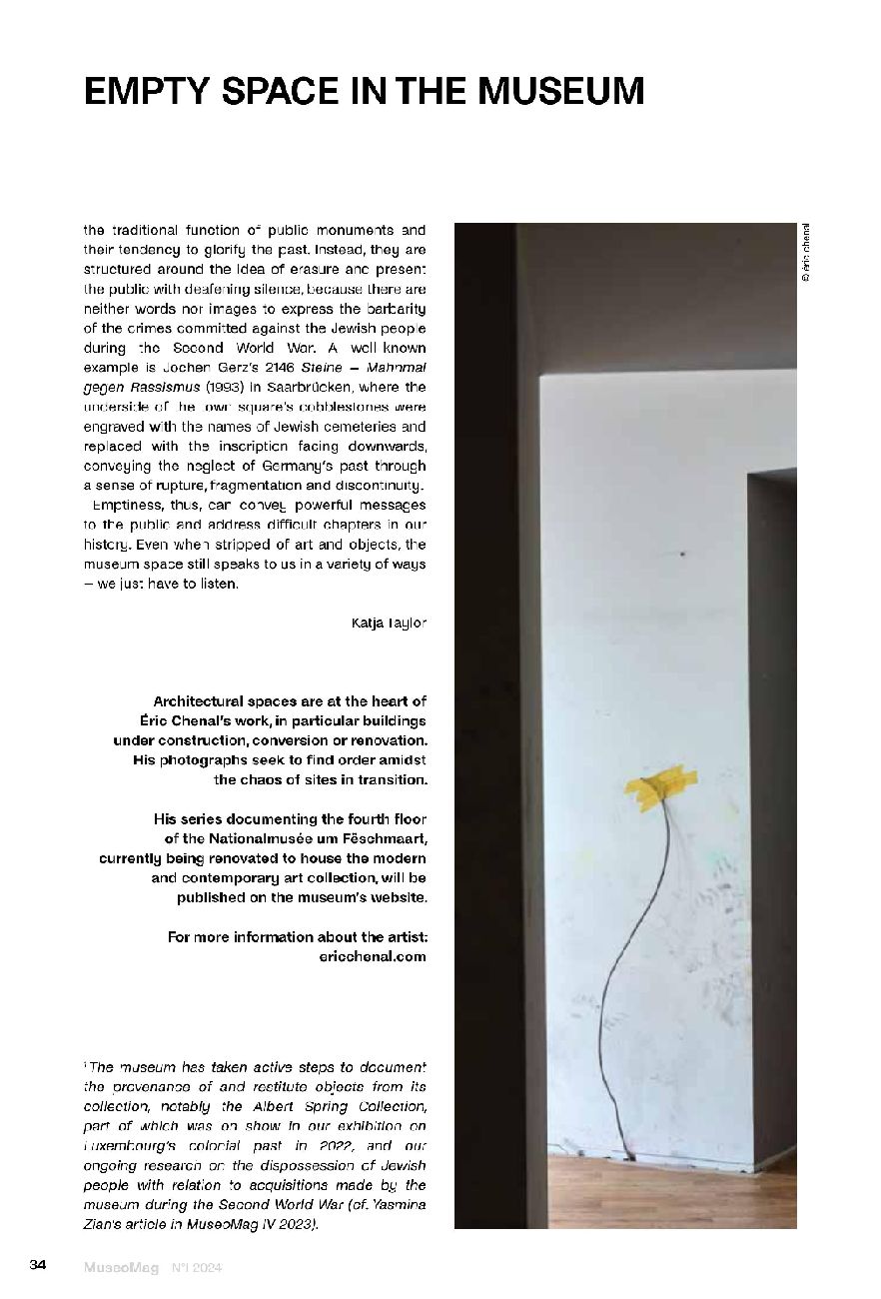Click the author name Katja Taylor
point(389,624)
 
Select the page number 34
point(38,1266)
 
